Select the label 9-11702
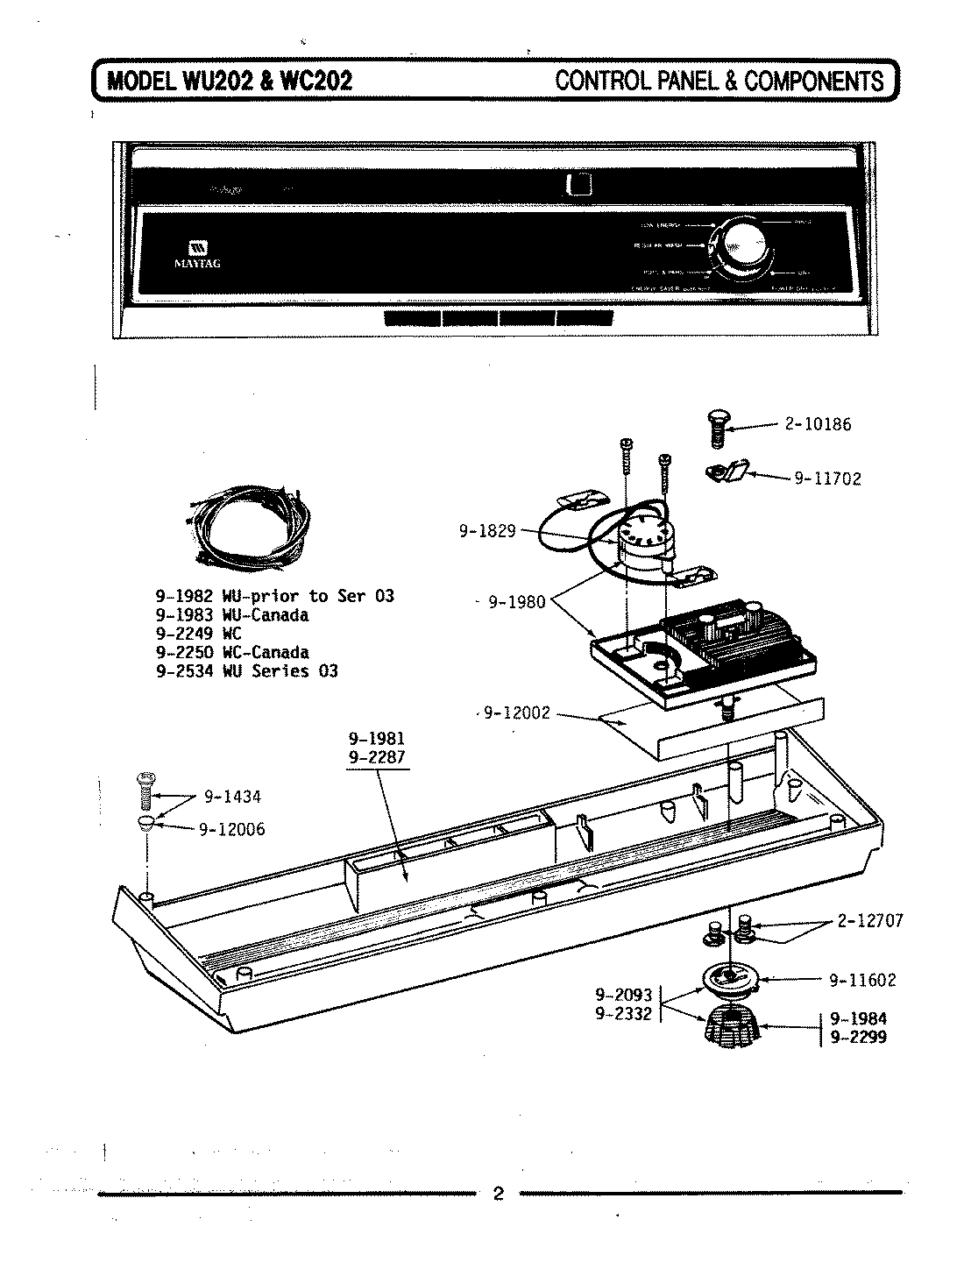point(827,479)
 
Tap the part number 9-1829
point(487,530)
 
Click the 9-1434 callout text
point(232,797)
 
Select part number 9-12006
point(231,829)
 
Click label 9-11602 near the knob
point(862,980)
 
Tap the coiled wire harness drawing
point(247,529)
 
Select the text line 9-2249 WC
point(198,634)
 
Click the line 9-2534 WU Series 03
point(246,671)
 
